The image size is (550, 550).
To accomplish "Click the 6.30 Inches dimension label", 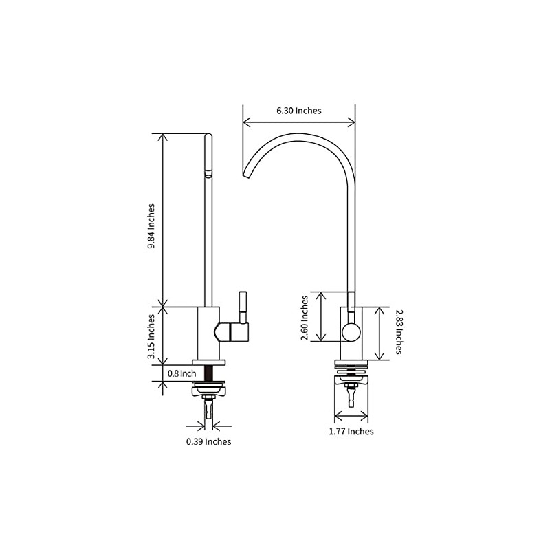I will point(298,110).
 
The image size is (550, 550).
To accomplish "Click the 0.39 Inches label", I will point(208,441).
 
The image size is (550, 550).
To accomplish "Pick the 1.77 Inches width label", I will point(351,431).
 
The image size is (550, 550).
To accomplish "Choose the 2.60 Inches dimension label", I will point(304,316).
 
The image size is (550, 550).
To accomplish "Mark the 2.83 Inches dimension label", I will point(398,333).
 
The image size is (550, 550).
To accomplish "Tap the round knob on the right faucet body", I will point(351,332).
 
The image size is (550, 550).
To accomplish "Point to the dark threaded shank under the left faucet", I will point(208,375).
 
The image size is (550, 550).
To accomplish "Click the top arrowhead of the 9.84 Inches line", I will point(163,136).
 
